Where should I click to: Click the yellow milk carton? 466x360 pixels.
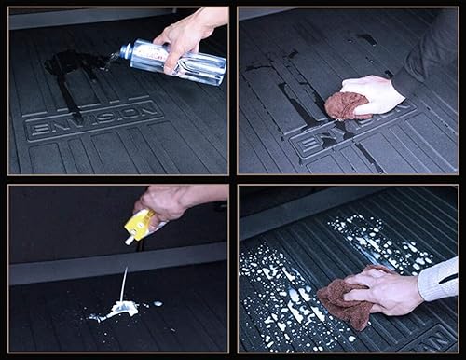[141, 224]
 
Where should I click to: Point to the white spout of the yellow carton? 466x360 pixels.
[129, 240]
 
